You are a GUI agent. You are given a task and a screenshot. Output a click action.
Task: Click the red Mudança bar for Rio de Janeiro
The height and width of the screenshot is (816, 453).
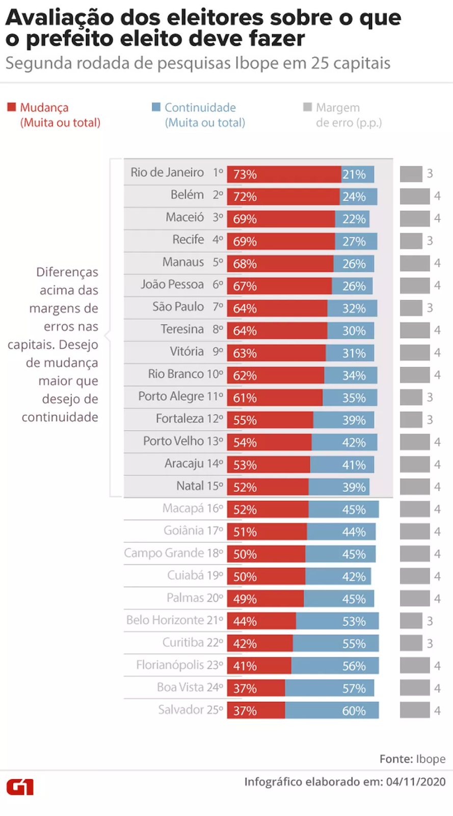tap(284, 174)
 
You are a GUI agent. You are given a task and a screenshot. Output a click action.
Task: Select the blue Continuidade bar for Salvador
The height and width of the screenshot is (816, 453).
tap(332, 710)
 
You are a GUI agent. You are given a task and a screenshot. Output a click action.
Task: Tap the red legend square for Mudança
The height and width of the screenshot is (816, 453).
tap(11, 107)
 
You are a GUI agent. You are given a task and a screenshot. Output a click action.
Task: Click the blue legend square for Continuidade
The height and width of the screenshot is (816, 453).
tap(156, 107)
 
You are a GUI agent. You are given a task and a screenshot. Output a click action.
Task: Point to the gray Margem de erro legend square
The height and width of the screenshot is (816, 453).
tap(307, 107)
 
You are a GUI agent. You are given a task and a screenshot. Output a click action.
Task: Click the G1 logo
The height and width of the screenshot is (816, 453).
tap(20, 787)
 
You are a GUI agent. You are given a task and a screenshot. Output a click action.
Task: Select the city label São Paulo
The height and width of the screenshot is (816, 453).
tap(178, 307)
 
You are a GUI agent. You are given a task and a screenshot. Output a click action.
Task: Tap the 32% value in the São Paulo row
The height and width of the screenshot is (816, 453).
tap(354, 309)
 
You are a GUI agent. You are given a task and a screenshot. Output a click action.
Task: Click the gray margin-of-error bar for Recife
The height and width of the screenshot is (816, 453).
tap(411, 241)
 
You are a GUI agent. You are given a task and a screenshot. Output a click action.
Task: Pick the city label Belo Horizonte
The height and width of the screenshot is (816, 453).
tap(165, 620)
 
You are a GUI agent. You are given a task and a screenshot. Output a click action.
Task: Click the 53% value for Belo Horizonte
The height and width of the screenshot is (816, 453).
tap(354, 621)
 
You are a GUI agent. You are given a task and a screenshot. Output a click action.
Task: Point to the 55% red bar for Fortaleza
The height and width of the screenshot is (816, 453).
tap(270, 420)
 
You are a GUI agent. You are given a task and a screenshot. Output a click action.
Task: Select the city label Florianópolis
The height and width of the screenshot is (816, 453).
tap(170, 665)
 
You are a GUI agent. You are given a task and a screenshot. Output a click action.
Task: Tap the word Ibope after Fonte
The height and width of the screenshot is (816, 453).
tap(431, 759)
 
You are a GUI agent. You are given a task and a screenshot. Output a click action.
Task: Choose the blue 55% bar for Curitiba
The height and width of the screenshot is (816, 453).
tap(335, 644)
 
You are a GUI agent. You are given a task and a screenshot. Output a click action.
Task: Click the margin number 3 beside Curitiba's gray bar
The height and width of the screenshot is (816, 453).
tap(430, 644)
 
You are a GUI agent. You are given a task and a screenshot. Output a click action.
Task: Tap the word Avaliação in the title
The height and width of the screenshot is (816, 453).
tap(59, 18)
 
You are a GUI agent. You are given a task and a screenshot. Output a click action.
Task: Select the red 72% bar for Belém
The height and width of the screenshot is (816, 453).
tap(283, 196)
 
